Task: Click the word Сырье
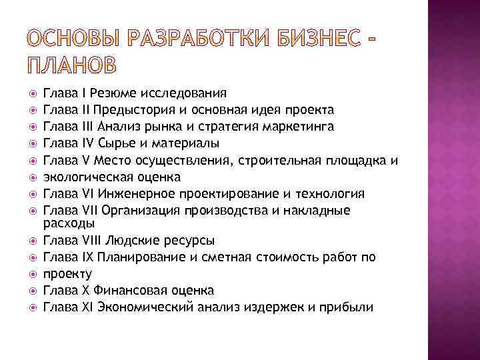click(x=114, y=143)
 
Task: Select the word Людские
click(x=131, y=240)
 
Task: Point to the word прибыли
click(x=349, y=307)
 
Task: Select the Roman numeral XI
click(x=86, y=307)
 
